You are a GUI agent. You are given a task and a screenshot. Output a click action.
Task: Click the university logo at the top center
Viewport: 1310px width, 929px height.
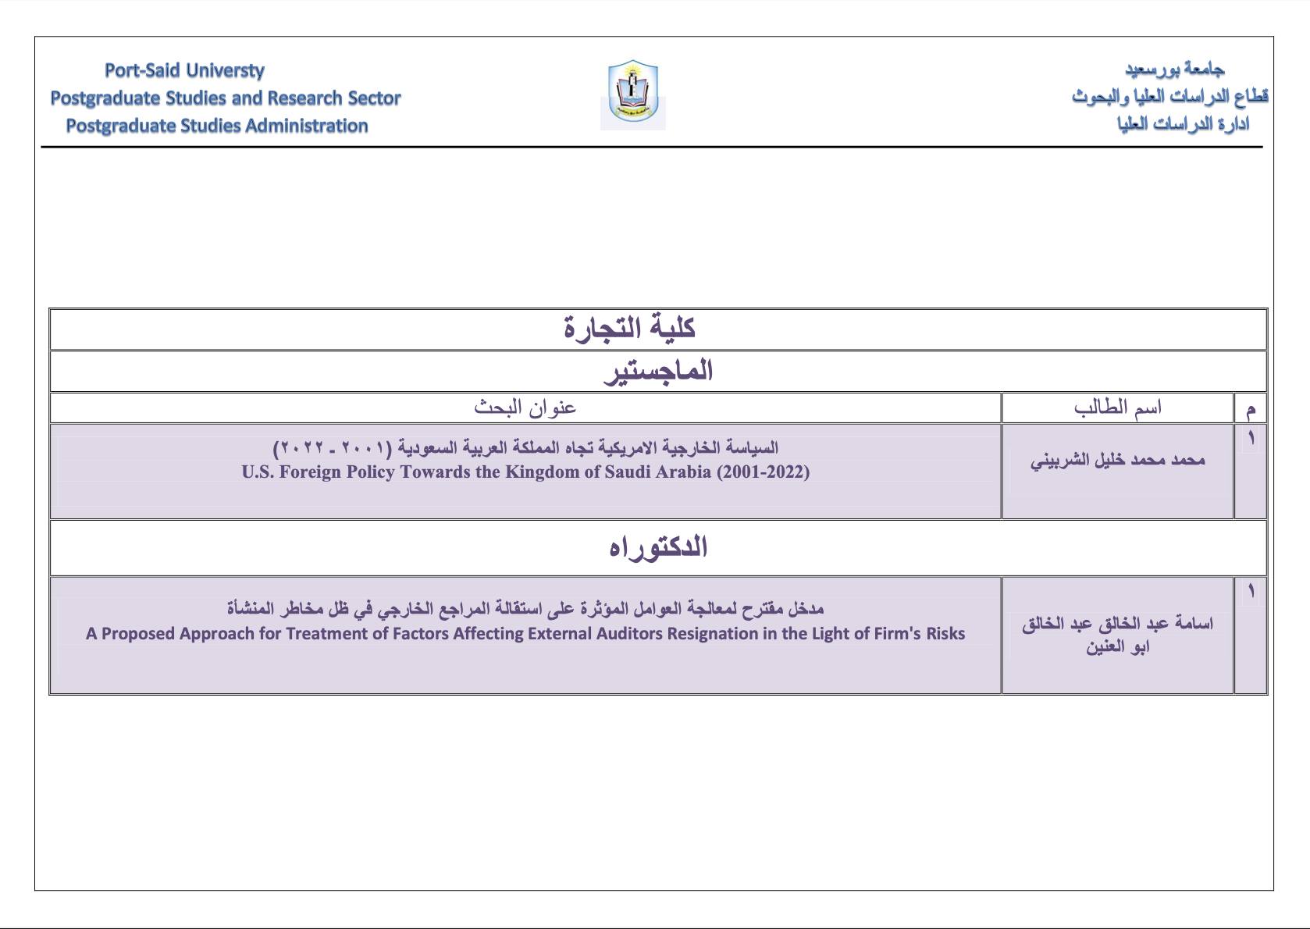coord(633,94)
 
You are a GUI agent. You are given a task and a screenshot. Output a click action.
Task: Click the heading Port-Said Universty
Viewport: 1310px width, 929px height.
coord(184,70)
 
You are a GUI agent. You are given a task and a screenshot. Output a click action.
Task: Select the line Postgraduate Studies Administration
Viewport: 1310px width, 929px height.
coord(216,126)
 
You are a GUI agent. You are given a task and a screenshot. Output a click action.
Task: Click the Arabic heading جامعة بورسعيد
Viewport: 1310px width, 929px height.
coord(1174,69)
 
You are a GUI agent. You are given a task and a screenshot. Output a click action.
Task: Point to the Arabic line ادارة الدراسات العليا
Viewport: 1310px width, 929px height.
coord(1183,124)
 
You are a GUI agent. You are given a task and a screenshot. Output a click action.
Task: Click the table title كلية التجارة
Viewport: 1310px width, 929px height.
coord(629,328)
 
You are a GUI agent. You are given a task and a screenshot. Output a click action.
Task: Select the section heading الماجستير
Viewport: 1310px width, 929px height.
coord(658,371)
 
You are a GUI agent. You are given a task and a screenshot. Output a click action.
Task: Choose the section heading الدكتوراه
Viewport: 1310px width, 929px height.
coord(658,547)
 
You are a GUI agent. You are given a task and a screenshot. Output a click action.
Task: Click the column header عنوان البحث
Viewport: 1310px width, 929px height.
coord(525,408)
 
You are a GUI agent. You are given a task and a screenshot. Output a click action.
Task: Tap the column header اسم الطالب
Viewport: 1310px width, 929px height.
coord(1117,408)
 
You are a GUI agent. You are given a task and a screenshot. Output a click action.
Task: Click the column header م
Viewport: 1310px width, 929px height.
coord(1251,408)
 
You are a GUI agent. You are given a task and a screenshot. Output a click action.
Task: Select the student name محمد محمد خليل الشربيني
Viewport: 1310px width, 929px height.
coord(1117,460)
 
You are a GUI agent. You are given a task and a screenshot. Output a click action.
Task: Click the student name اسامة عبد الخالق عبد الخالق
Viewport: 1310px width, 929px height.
coord(1117,624)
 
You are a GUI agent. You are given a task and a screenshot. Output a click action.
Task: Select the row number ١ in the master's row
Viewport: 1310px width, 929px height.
coord(1251,439)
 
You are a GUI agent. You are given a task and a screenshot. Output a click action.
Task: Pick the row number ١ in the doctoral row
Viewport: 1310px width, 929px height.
coord(1251,592)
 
